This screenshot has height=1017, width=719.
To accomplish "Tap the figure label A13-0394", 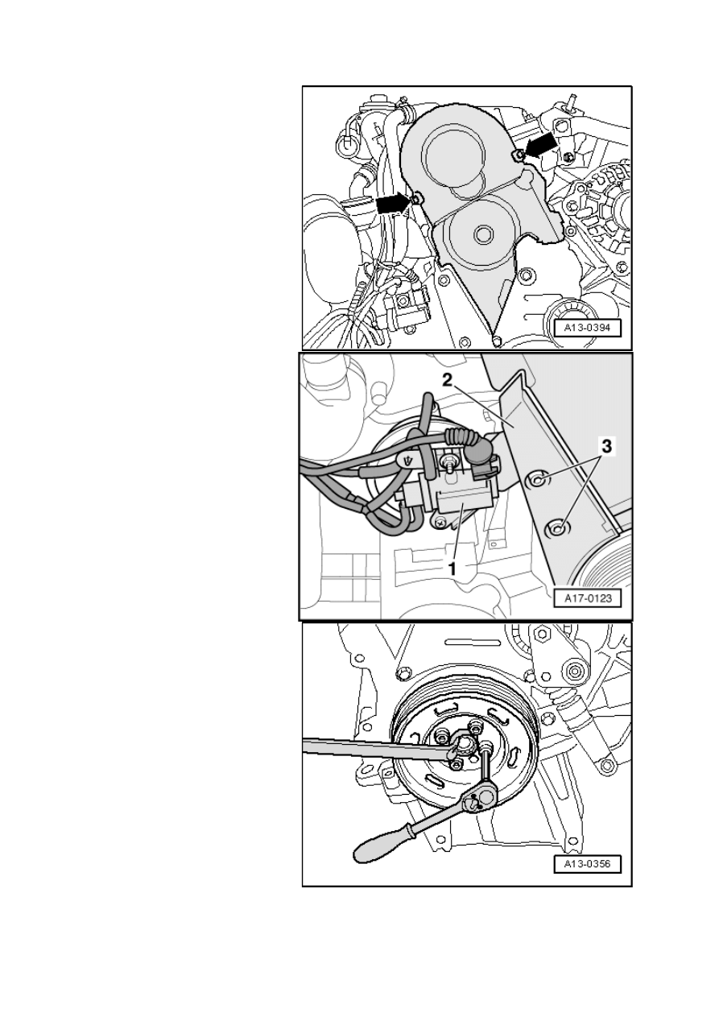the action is coord(587,328).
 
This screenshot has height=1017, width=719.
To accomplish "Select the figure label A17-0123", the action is coord(587,598).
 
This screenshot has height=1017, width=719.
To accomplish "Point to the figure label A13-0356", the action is coord(587,863).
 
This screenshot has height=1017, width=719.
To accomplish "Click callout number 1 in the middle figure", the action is coord(452,568).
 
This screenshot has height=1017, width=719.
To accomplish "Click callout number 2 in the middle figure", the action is coord(448,380).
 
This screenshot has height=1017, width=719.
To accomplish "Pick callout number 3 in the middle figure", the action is coord(606,446).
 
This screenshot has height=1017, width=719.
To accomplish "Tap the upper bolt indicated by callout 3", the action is coord(537,478).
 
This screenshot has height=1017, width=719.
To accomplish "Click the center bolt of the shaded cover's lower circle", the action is coord(482,235).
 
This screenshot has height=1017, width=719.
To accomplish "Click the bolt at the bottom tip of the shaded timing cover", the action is coord(497,339).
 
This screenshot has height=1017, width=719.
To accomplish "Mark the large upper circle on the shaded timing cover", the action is coord(452,157).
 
